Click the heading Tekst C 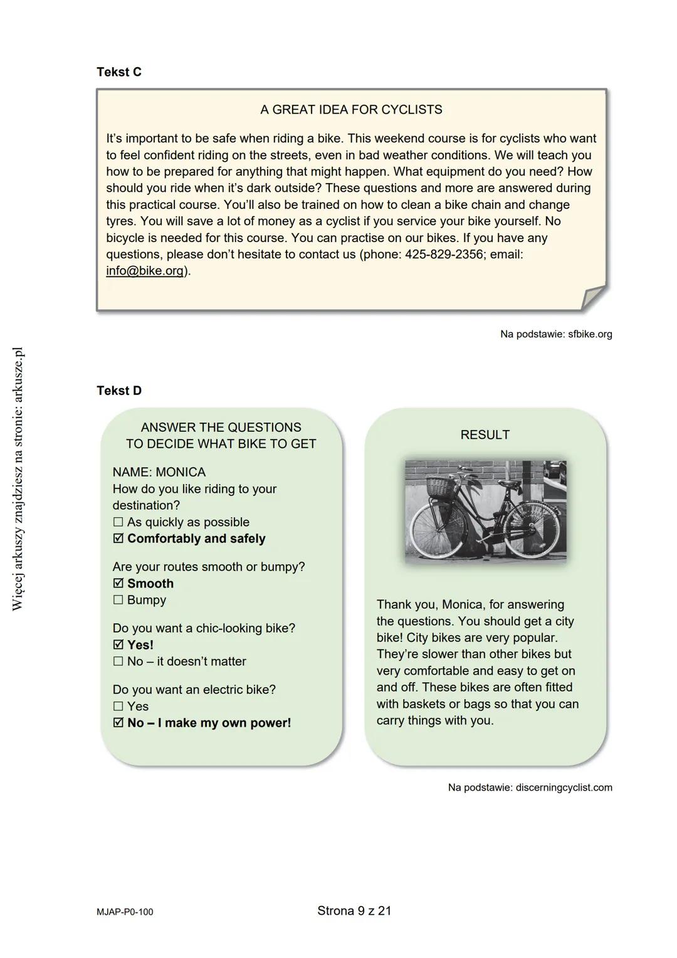119,72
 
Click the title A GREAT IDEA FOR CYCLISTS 351,110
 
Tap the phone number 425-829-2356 444,255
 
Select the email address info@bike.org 145,271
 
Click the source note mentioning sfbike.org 555,334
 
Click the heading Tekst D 119,391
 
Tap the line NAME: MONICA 159,472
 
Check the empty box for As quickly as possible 118,522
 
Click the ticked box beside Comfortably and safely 118,539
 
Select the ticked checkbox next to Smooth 118,584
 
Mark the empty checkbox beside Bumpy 118,600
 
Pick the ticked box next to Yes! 118,645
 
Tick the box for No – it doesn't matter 118,661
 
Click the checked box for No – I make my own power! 118,723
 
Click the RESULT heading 485,435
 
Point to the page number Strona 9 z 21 354,911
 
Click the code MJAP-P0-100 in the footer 125,912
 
